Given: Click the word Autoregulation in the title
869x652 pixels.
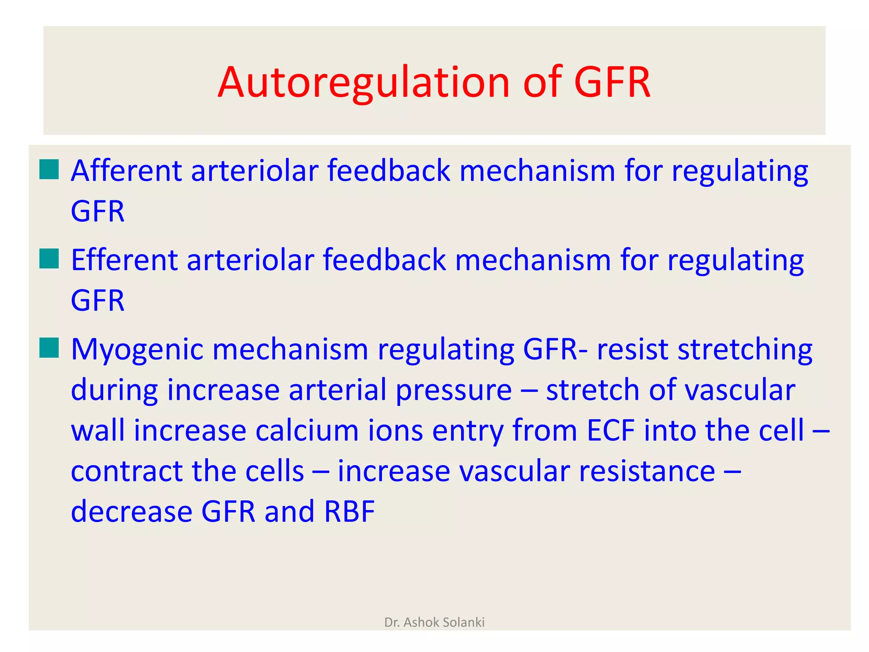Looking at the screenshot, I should point(363,83).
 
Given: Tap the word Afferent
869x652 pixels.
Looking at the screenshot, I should point(126,171).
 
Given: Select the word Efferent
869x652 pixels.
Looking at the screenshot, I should point(124,260).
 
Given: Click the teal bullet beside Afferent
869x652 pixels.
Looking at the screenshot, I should point(49,170).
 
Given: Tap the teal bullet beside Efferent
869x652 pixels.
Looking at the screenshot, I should point(49,259).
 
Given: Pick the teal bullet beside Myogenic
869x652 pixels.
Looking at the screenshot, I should point(49,348).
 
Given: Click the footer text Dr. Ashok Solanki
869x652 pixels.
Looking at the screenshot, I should point(434,622).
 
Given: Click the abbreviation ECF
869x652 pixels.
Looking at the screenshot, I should point(611,430).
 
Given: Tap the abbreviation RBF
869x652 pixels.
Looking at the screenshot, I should point(350,511).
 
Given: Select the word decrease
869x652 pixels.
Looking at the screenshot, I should point(132,511).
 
